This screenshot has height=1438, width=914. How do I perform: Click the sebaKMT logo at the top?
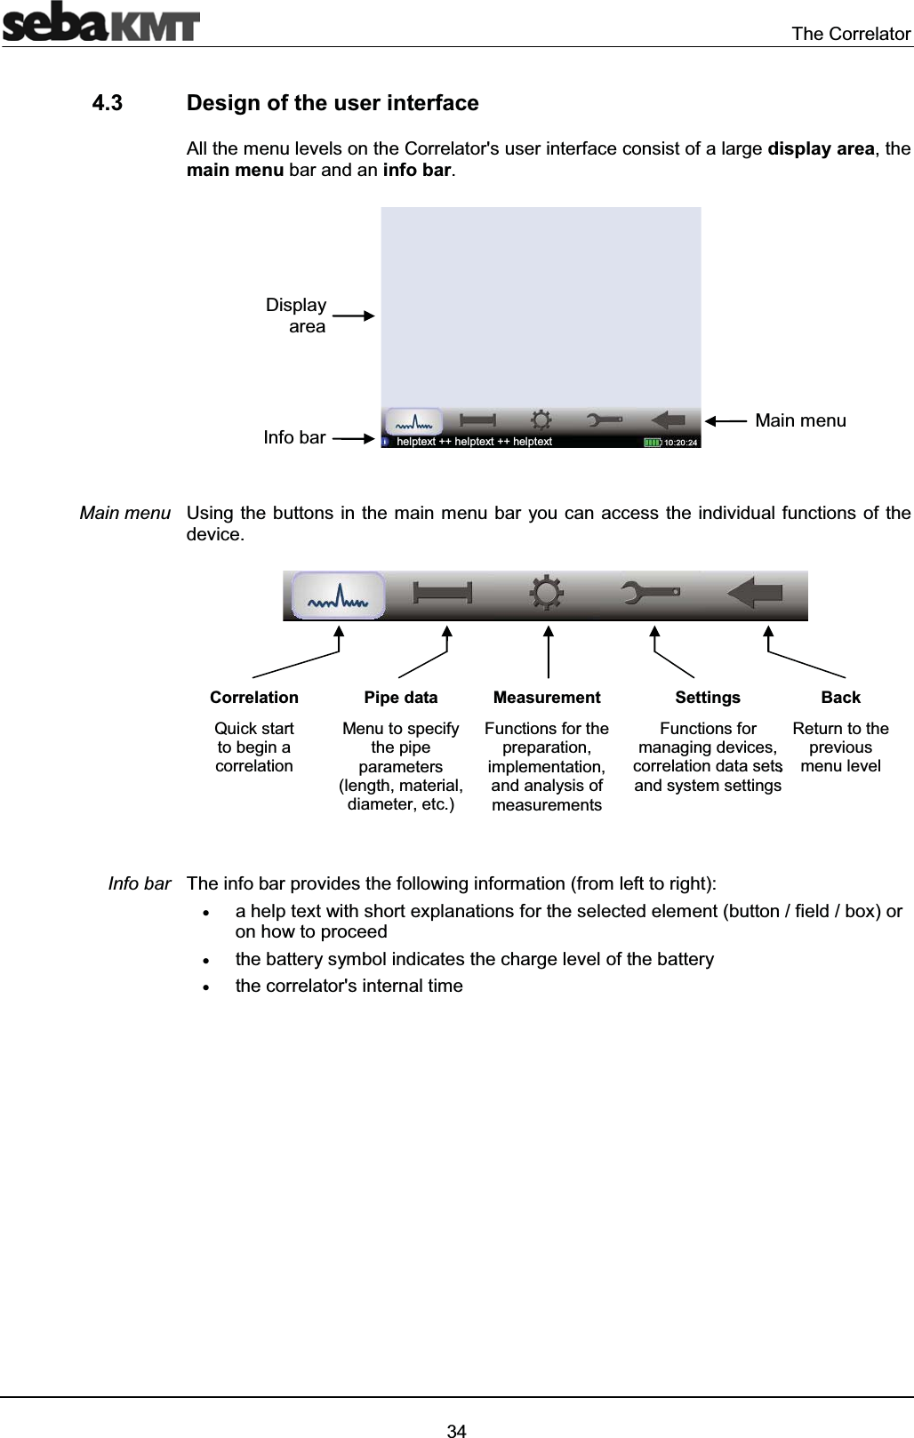pyautogui.click(x=100, y=22)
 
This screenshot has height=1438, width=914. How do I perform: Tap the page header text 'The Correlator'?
pyautogui.click(x=851, y=34)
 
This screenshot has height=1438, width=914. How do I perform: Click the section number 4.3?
pyautogui.click(x=108, y=103)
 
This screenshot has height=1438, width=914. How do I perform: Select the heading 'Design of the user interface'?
pyautogui.click(x=333, y=103)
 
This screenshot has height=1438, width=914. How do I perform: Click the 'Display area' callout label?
pyautogui.click(x=297, y=316)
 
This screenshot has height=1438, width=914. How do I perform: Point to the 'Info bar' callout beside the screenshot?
pyautogui.click(x=294, y=437)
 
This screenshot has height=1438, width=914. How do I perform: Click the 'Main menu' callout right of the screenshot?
pyautogui.click(x=800, y=420)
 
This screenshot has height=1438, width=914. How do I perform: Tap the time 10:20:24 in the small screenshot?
pyautogui.click(x=682, y=442)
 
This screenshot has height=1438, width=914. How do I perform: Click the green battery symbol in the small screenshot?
pyautogui.click(x=653, y=442)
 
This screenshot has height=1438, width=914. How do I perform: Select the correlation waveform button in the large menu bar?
pyautogui.click(x=339, y=595)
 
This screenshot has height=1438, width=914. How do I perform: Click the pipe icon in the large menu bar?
pyautogui.click(x=442, y=594)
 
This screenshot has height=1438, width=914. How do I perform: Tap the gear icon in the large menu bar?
pyautogui.click(x=546, y=593)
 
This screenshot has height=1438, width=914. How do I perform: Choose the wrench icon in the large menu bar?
pyautogui.click(x=651, y=593)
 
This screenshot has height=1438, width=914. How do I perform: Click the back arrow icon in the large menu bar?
pyautogui.click(x=755, y=593)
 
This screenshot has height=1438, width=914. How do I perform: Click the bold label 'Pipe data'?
pyautogui.click(x=401, y=698)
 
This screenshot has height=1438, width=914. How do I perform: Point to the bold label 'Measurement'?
pyautogui.click(x=547, y=698)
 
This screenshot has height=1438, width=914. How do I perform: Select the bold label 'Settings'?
pyautogui.click(x=708, y=698)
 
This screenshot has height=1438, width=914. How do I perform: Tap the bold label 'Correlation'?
pyautogui.click(x=254, y=698)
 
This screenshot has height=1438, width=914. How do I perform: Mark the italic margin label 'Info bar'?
pyautogui.click(x=140, y=883)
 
